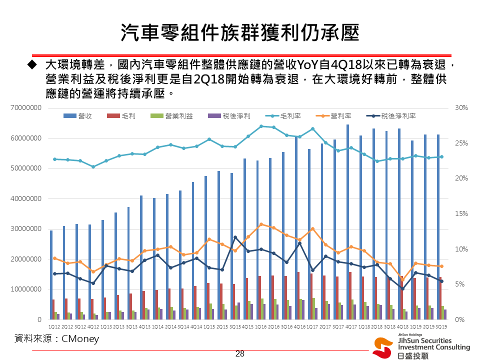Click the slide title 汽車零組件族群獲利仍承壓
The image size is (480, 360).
click(x=240, y=33)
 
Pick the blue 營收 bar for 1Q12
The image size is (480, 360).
click(x=51, y=275)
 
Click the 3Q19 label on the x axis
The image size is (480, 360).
click(x=440, y=326)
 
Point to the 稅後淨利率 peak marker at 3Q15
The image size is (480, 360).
click(x=235, y=237)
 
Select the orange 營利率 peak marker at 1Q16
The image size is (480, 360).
click(x=261, y=224)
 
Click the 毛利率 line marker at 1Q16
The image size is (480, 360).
click(x=261, y=126)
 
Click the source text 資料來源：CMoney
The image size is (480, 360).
click(x=56, y=339)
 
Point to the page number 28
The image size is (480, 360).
click(x=240, y=354)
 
